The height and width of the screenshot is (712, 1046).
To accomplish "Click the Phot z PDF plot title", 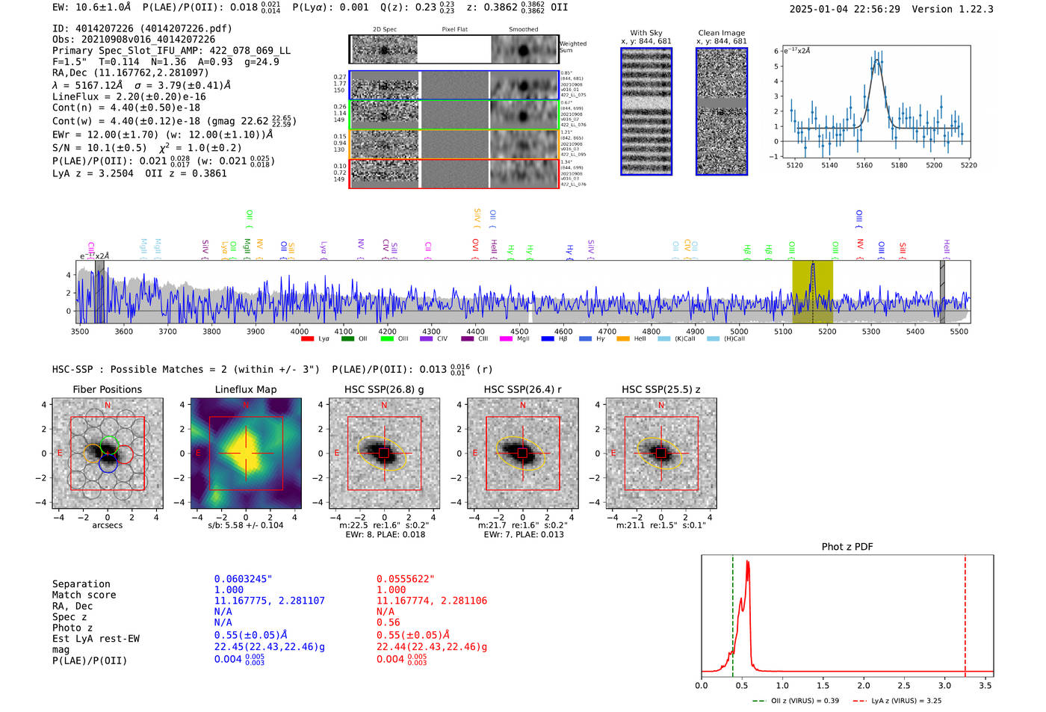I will (x=847, y=547).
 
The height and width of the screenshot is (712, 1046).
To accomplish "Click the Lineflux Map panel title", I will (x=246, y=389).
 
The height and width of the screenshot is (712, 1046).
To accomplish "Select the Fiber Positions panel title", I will (x=107, y=389).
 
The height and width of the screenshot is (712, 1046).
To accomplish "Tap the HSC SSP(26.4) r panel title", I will (x=522, y=389).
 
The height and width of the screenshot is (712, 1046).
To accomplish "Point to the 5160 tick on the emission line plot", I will (x=864, y=165).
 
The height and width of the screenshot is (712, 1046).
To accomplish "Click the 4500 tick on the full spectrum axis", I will (x=519, y=332).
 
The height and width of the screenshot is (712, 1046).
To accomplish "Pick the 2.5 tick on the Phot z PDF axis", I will (x=904, y=685).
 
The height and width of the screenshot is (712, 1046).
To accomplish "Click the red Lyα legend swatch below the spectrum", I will (x=307, y=339).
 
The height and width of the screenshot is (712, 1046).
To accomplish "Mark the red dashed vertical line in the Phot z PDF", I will (x=965, y=613).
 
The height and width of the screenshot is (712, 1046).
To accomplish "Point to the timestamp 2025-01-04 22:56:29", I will (x=844, y=9).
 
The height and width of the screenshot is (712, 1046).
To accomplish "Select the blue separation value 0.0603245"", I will (x=243, y=579).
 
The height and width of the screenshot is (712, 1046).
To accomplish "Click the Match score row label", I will (x=84, y=595).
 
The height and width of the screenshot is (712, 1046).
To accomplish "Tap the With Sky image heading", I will (x=646, y=33).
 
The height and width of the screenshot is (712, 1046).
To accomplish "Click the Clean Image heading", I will (x=721, y=33).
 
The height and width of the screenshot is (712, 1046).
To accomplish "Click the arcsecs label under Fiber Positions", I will (x=107, y=525).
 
